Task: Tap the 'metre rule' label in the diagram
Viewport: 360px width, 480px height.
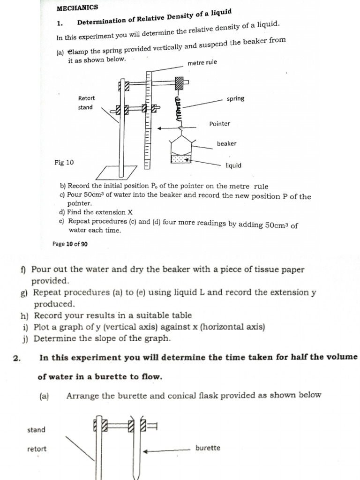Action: [202, 63]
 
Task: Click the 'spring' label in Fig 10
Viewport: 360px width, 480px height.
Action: [235, 99]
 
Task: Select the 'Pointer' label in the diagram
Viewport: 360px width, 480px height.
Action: [219, 124]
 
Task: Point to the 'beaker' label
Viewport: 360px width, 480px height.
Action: [226, 143]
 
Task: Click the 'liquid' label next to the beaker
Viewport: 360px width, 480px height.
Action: [233, 165]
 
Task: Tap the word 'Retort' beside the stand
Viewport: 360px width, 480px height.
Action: [86, 98]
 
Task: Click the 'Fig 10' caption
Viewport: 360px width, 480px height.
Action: [64, 163]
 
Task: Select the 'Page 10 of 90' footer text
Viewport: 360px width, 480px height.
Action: [70, 244]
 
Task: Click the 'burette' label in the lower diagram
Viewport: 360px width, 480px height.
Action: [208, 448]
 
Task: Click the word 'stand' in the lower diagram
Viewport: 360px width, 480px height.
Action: [37, 430]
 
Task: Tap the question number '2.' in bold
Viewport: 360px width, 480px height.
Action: [16, 358]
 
